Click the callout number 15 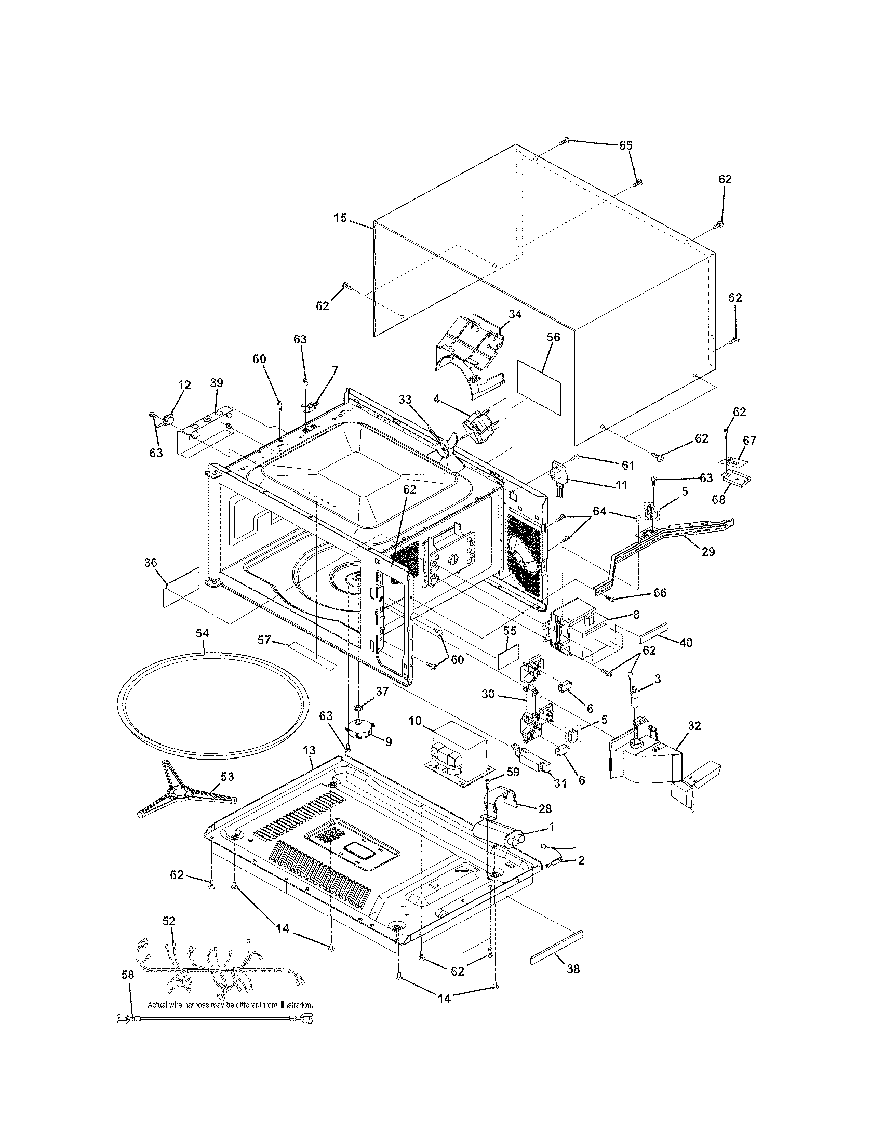[x=341, y=218]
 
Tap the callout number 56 [x=554, y=338]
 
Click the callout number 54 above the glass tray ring [x=203, y=633]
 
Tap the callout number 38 [x=573, y=969]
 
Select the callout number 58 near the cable [x=128, y=975]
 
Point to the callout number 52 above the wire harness [x=169, y=921]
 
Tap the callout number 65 [x=626, y=145]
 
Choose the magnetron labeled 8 [x=576, y=634]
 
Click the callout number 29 [x=708, y=552]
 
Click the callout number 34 [x=515, y=314]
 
